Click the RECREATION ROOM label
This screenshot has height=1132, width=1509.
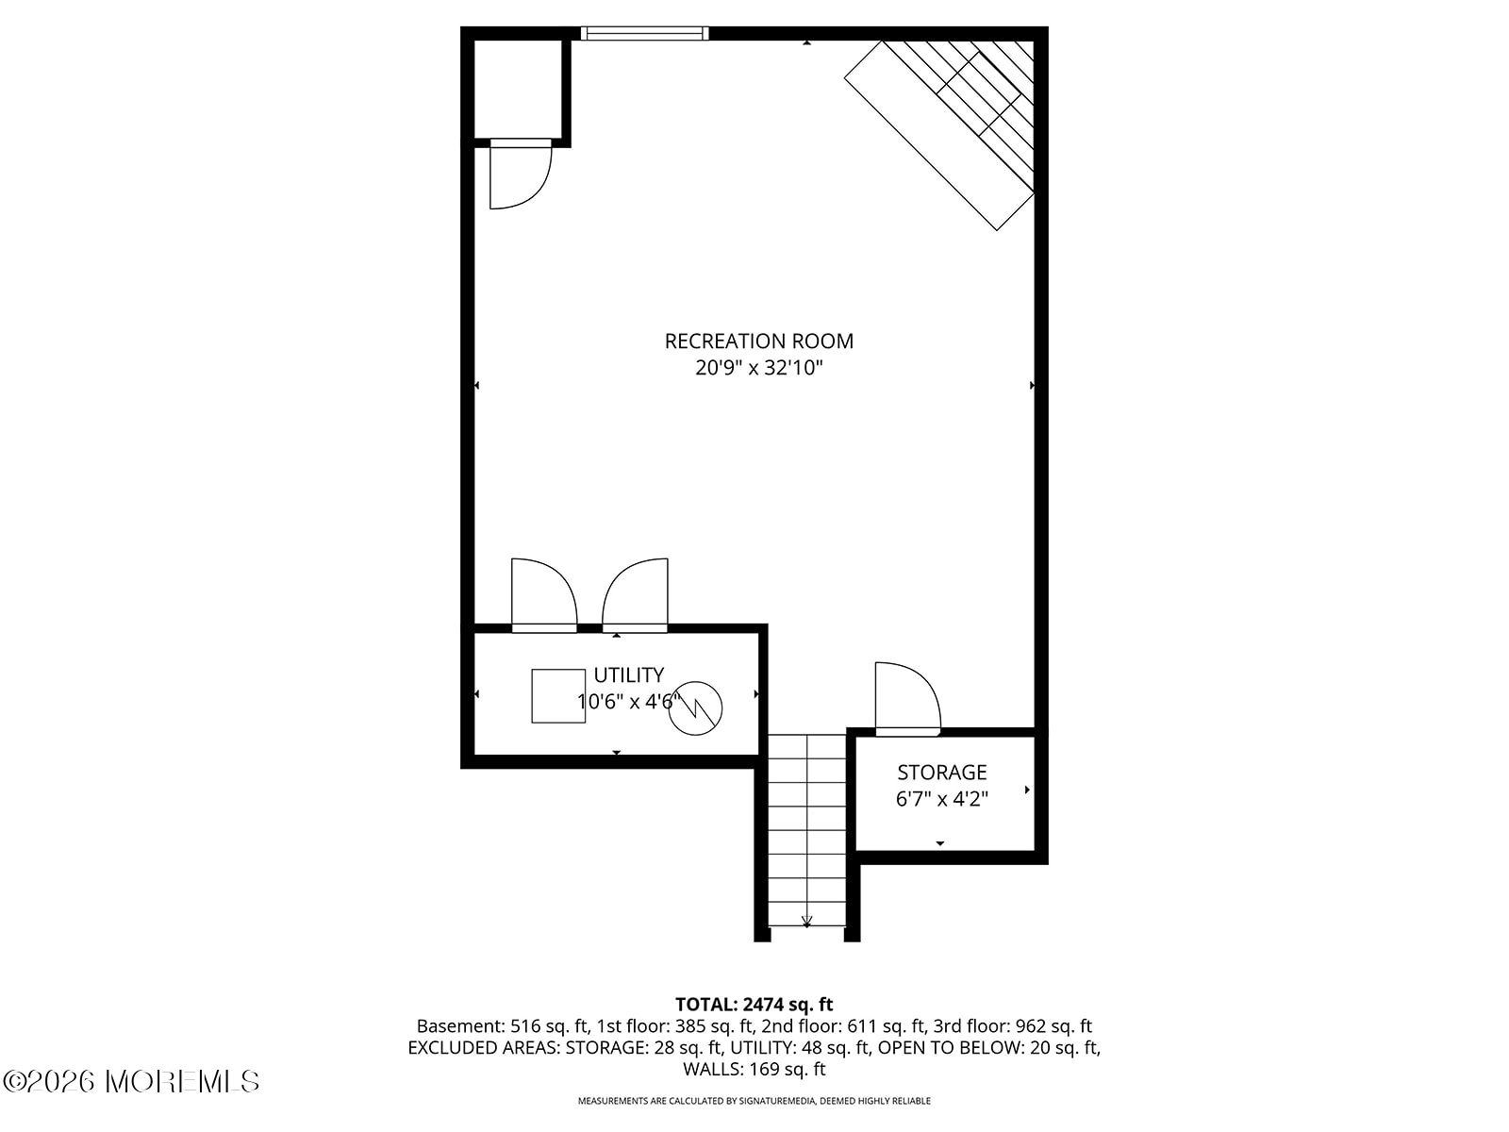[x=758, y=341]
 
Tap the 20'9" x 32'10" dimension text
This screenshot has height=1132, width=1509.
[x=758, y=368]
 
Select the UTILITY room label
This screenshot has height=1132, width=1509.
[x=628, y=674]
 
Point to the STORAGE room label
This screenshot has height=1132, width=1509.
[x=941, y=773]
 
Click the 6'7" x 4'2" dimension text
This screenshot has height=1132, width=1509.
[x=941, y=799]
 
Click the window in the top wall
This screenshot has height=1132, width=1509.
[x=644, y=34]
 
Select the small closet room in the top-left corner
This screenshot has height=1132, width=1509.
[x=519, y=90]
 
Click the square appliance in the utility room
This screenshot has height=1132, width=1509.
[x=558, y=695]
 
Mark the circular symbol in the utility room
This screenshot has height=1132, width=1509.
[x=695, y=707]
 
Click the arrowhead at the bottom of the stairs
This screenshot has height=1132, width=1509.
[x=806, y=922]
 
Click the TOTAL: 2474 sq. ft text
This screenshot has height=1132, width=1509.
[x=754, y=1005]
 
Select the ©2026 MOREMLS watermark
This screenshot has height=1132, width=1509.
[x=130, y=1082]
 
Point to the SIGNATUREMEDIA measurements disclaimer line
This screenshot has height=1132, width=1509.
[x=754, y=1100]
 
